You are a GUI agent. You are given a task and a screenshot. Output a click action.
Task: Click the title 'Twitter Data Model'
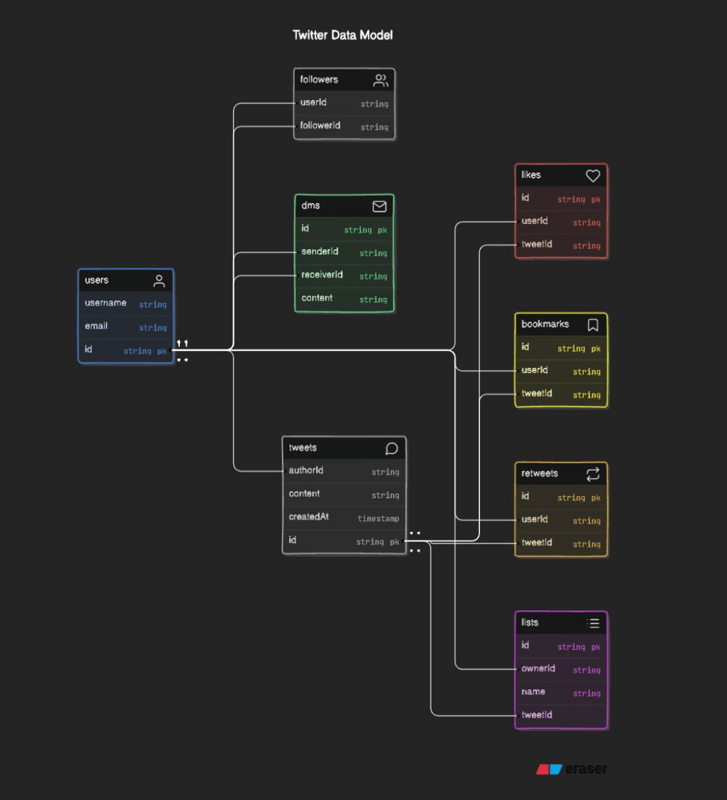342,35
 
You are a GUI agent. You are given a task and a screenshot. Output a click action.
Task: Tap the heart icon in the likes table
593,176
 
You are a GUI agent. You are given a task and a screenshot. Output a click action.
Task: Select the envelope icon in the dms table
379,206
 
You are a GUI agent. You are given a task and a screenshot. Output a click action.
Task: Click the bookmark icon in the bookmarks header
593,325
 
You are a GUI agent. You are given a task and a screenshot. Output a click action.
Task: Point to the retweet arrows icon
593,474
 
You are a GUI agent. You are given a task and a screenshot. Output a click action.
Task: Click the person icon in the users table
159,281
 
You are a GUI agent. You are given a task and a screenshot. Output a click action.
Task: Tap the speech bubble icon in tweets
391,449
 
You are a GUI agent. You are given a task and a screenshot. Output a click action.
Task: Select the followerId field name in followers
320,125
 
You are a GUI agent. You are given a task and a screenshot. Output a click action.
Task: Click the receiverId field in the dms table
322,275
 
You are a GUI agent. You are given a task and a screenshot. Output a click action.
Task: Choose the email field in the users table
96,326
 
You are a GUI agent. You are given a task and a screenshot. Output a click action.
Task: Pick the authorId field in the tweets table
306,471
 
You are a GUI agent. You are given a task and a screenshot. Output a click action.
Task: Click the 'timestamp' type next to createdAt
378,519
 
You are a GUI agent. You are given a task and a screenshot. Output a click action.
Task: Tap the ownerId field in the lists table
538,669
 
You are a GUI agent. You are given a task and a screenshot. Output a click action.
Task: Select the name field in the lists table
533,692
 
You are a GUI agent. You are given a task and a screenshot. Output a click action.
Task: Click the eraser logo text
585,769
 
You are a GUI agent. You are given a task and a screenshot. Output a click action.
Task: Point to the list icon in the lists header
593,623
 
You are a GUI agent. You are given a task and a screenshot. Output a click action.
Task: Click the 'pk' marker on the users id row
162,351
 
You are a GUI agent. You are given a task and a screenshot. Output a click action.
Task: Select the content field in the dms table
317,298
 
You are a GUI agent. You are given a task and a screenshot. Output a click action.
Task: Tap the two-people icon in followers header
381,80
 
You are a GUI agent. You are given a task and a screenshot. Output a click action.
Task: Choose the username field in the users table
105,303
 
